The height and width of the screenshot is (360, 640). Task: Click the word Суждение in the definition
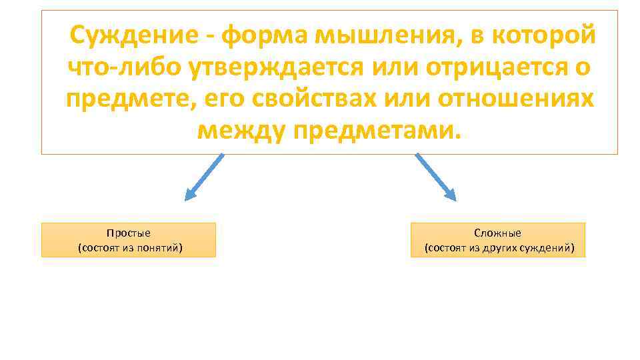[133, 35]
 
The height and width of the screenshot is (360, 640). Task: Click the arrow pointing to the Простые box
[203, 177]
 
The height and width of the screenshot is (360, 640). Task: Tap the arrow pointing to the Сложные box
[436, 177]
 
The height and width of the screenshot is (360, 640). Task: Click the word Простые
[129, 233]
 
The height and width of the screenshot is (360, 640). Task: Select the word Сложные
[497, 233]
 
